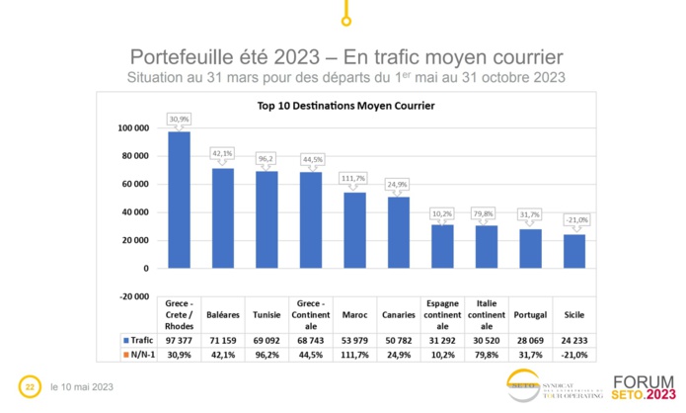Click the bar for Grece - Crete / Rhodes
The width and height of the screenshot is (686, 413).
[x=179, y=200]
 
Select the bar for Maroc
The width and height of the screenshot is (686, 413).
[x=354, y=230]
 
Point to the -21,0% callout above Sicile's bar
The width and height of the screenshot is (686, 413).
[x=574, y=219]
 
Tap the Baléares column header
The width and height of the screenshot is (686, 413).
[x=222, y=314]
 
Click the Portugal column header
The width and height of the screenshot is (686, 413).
[x=531, y=314]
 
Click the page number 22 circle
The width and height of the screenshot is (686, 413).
[x=30, y=385]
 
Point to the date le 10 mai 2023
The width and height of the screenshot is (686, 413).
[x=81, y=386]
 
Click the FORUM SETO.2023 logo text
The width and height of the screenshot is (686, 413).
[x=646, y=386]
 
